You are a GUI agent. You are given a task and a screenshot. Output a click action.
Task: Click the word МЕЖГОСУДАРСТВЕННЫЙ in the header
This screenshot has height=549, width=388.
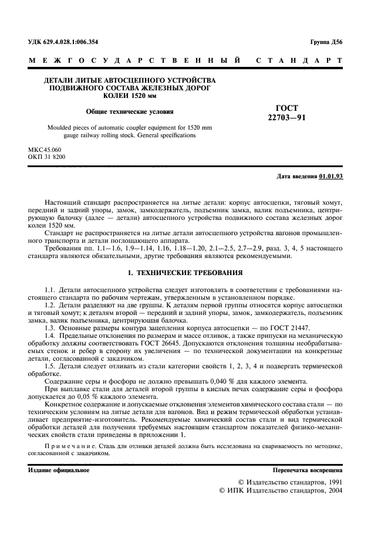tap(135, 60)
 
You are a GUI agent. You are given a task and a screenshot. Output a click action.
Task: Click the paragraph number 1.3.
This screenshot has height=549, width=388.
tap(50, 328)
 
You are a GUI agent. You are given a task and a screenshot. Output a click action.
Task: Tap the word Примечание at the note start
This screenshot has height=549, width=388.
tap(69, 447)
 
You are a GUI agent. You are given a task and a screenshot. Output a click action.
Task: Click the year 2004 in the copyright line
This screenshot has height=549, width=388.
tap(335, 490)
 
